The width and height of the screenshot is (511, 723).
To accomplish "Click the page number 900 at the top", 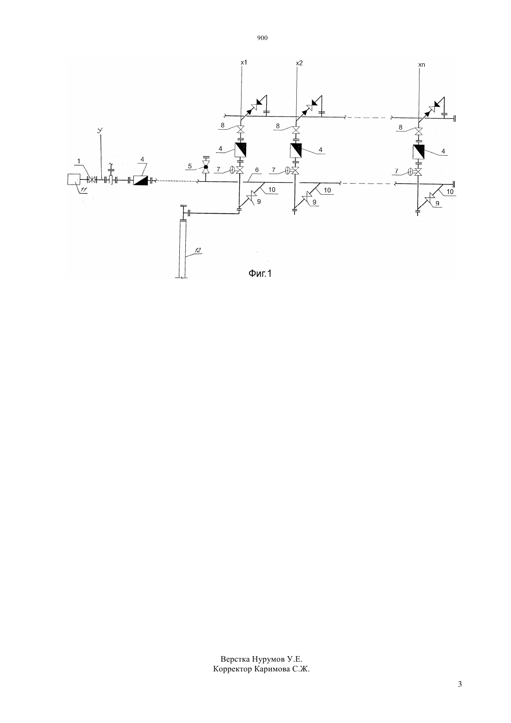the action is pos(262,38).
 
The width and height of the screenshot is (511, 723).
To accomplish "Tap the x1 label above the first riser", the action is pos(244,62).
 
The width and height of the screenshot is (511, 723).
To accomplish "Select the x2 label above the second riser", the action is pos(299,63).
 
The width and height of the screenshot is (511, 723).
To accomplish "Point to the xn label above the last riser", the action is pos(421,65).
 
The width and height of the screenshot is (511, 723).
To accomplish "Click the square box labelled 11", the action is pos(73,179).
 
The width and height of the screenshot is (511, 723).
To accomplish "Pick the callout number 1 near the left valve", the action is pos(79,161).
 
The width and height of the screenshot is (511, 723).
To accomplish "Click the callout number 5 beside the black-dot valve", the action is pos(190,166).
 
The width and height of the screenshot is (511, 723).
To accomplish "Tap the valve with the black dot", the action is pos(205,167).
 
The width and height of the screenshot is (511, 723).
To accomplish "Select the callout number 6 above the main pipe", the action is pos(257,170).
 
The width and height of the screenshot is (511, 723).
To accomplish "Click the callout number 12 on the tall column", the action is pos(198,250).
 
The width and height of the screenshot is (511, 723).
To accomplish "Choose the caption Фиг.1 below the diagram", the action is pos(260,274).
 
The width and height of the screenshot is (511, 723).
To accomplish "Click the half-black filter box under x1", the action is pos(240,150).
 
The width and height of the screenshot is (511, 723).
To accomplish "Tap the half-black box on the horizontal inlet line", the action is pos(140,180).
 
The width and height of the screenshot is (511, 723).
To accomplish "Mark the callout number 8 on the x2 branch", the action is pos(278,126).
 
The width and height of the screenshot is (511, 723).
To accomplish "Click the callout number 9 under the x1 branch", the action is pos(259,201).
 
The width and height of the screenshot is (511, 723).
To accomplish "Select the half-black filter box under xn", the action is pos(419,151).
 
